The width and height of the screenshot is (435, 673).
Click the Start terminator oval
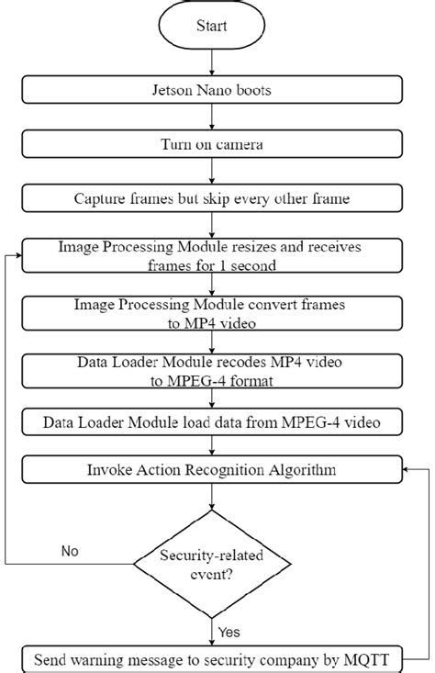(212, 26)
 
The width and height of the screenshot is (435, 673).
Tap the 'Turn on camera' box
(212, 144)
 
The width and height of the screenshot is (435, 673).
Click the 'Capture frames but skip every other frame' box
(212, 197)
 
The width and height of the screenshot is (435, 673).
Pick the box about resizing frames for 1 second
(212, 256)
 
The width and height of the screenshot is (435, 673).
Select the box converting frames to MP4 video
(212, 313)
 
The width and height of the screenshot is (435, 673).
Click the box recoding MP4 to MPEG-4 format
(212, 370)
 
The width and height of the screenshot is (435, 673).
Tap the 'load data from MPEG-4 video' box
(212, 422)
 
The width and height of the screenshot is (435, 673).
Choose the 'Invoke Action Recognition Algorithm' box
(212, 470)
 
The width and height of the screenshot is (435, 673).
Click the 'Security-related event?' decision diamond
(212, 563)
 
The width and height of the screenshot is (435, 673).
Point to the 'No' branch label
(70, 552)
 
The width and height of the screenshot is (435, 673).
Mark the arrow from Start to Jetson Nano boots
(212, 62)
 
